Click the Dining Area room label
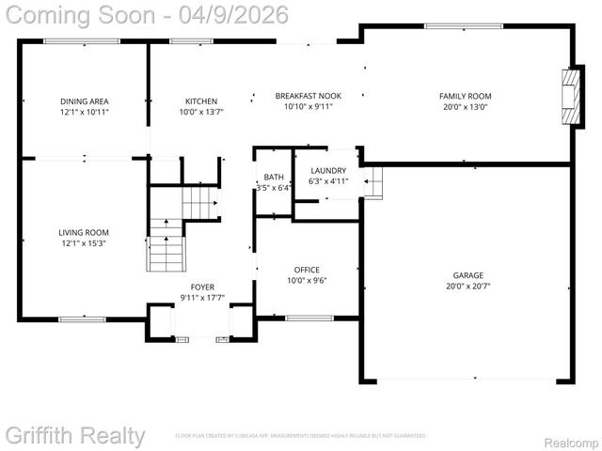[x=85, y=101]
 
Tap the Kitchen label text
[x=201, y=101]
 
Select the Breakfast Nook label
[x=309, y=96]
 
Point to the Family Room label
[x=465, y=96]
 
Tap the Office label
[x=307, y=269]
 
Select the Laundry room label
[x=328, y=170]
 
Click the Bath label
[x=274, y=177]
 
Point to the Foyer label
[x=202, y=287]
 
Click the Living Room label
[x=84, y=232]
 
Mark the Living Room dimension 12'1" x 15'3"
[x=84, y=244]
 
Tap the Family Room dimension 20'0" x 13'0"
[x=465, y=107]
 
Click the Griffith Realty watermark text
[x=75, y=436]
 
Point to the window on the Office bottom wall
[x=309, y=318]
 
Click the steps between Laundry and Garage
[x=372, y=179]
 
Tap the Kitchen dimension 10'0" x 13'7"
[x=201, y=113]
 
